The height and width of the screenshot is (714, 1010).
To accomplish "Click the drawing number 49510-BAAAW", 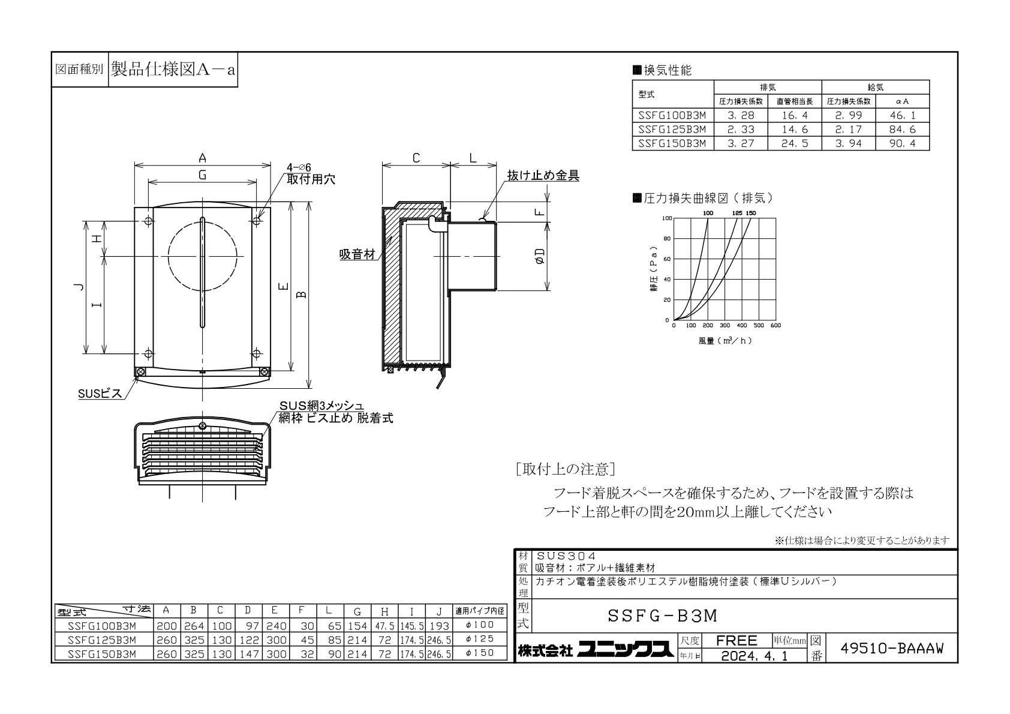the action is point(892,648).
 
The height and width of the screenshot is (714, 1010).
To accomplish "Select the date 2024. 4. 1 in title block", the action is point(755,656).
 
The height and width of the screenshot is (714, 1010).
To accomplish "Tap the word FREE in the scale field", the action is point(737,640).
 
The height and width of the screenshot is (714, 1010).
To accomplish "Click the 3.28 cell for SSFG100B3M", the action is point(741,115).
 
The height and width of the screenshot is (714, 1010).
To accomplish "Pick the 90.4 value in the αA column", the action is point(902,143).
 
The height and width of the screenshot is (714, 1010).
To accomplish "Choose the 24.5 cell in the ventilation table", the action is point(795,143).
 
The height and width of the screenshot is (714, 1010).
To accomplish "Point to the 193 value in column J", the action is point(439,626).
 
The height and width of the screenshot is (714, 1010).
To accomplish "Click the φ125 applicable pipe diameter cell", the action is point(480,638).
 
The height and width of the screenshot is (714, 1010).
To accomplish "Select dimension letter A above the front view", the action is point(203,158).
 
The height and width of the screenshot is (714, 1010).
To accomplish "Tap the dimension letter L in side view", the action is point(473,158).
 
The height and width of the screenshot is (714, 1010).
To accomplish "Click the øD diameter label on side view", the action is point(540,256).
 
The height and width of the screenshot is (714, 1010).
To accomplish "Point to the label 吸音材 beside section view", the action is point(357,254).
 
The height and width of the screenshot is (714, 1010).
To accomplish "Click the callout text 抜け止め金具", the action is point(543,175).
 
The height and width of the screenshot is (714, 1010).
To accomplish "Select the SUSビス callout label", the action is point(100,394).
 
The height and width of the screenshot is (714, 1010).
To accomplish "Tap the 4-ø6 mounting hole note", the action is point(299,168).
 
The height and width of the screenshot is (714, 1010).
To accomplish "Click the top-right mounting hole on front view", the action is point(257,221).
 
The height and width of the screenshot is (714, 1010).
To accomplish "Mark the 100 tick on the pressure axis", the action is point(666,218).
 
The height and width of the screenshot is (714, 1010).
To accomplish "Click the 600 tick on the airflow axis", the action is point(775,325).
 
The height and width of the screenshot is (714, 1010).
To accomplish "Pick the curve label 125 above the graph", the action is point(737,213).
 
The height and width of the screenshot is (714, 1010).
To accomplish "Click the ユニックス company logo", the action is point(626,650).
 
